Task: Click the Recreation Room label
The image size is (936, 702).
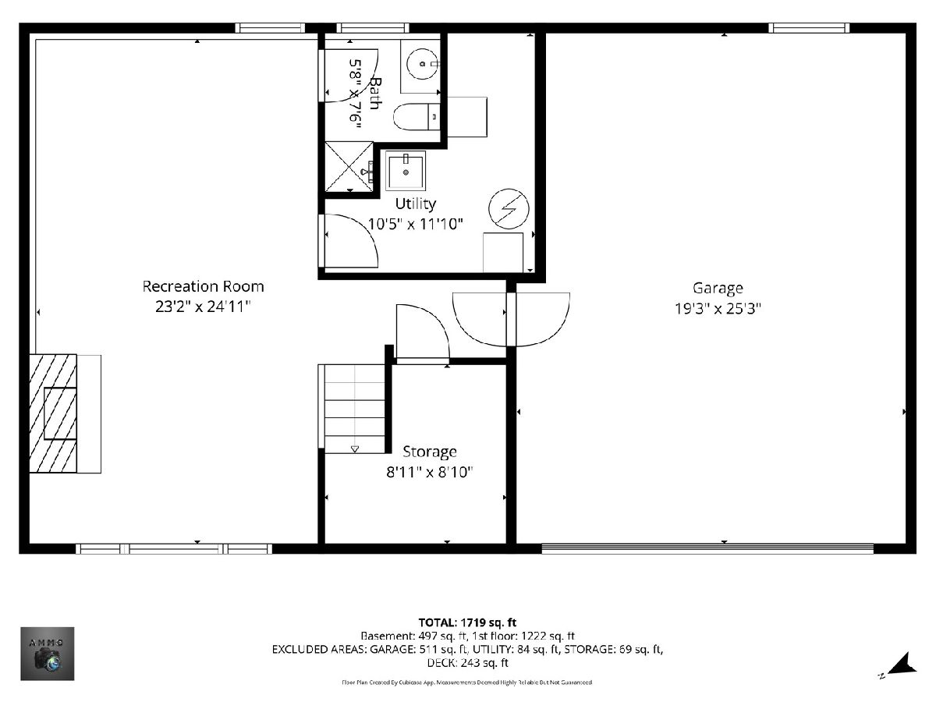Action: tap(203, 286)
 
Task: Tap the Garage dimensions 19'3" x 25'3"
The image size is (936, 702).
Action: tap(718, 308)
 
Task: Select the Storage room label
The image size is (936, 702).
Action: tap(430, 452)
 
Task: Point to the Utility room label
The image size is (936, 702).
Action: tap(415, 204)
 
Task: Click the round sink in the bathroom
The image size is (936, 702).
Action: tap(422, 64)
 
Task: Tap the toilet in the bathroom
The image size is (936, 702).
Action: tap(417, 116)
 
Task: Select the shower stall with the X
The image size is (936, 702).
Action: tap(349, 167)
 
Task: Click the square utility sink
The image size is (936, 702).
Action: tap(406, 171)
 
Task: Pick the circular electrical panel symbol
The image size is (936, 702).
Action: tap(509, 209)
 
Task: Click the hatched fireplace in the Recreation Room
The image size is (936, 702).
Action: tap(53, 413)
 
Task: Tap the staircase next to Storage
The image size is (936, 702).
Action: tap(355, 409)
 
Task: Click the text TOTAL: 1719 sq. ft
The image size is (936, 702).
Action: tap(467, 622)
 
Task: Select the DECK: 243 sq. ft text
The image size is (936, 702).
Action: tap(467, 663)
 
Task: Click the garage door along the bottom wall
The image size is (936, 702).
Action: tap(707, 548)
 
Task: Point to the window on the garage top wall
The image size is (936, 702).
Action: tap(809, 28)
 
